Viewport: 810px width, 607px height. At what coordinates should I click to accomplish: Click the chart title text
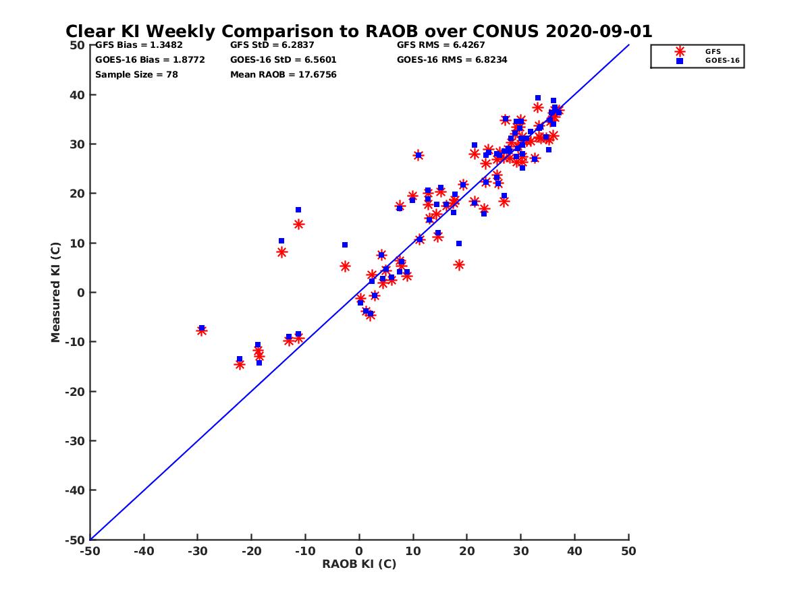pos(358,31)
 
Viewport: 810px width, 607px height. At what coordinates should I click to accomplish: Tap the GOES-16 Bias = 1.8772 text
pos(150,59)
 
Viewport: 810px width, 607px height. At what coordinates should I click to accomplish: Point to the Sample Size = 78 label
pos(136,74)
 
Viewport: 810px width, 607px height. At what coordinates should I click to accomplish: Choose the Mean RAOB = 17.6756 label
pos(283,74)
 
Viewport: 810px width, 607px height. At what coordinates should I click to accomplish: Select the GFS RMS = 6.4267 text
pos(441,45)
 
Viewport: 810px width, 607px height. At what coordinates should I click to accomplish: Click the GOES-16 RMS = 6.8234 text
pos(452,59)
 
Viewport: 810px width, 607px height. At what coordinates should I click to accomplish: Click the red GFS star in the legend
pos(680,51)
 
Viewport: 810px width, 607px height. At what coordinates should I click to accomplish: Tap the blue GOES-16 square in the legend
pos(680,61)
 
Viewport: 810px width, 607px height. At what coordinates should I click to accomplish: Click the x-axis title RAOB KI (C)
pos(359,564)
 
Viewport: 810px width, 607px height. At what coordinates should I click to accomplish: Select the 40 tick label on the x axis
pos(574,551)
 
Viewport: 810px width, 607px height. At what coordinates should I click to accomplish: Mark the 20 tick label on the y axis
pos(77,194)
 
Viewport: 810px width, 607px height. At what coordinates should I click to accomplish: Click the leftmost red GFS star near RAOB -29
pos(201,330)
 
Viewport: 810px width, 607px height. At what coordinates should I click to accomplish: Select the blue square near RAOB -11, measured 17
pos(298,210)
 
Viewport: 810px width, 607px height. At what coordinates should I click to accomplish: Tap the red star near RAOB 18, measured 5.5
pos(459,265)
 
